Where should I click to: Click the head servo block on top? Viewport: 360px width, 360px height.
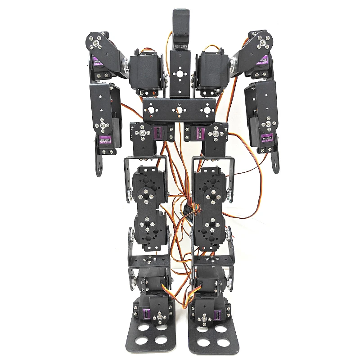click(x=180, y=28)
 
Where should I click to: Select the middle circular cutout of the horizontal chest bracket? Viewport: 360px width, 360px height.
click(x=180, y=109)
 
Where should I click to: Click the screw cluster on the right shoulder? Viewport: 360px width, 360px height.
click(x=262, y=43)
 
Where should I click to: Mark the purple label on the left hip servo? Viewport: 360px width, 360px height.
click(x=158, y=133)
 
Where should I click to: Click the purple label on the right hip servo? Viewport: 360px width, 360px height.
click(x=201, y=133)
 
